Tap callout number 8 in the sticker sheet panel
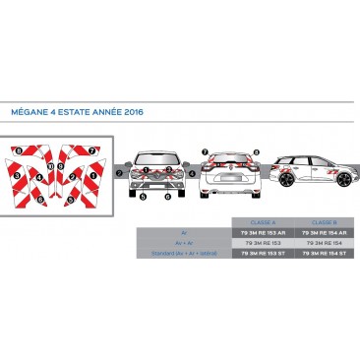click(x=19, y=150)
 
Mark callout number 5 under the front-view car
click(x=143, y=197)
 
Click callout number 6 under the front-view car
click(x=167, y=197)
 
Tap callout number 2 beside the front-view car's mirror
click(x=118, y=172)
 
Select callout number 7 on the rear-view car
click(x=206, y=152)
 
